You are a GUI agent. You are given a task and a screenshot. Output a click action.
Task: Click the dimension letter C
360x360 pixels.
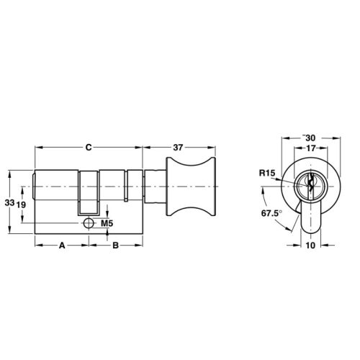[87, 148]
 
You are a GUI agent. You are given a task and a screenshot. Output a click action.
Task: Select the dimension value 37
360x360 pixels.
[178, 148]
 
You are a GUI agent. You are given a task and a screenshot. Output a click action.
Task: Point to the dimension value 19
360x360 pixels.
[22, 204]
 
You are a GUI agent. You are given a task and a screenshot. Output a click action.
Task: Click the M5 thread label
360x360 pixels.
[107, 224]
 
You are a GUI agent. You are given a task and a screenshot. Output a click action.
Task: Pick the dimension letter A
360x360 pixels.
[62, 246]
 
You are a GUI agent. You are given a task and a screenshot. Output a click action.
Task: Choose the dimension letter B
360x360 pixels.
[114, 246]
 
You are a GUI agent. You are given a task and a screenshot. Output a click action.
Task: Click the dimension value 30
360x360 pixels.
[311, 138]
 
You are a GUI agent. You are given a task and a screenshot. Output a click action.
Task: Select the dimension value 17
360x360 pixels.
[311, 149]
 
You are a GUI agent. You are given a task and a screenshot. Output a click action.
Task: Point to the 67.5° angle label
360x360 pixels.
[270, 214]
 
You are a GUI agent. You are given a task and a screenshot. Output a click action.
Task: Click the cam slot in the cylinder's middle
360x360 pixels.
[88, 193]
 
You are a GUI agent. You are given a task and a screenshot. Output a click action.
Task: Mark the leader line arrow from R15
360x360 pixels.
[288, 180]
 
